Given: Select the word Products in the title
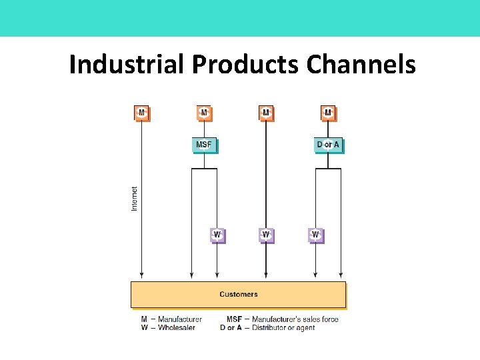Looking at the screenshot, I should [246, 65].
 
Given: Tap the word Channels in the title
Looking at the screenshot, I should [361, 65].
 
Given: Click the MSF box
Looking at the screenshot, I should [204, 145].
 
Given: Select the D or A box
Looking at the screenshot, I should [327, 145].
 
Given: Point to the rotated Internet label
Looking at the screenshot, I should [134, 199].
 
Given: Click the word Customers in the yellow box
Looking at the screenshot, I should [238, 294].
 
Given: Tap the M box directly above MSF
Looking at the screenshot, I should [204, 113].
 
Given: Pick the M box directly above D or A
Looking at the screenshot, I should [327, 113].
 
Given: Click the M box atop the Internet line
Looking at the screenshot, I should [141, 113].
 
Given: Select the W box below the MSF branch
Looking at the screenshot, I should [217, 235].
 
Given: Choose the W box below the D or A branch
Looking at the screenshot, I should [315, 235].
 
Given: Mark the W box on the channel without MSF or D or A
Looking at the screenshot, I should [266, 235].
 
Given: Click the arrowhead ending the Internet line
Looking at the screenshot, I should [141, 275].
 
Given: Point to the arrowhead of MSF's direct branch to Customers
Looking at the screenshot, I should [192, 275].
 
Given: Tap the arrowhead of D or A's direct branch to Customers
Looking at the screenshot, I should [341, 275].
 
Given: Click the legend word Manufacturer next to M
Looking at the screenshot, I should [179, 319].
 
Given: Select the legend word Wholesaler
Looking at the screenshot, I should [176, 328].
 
